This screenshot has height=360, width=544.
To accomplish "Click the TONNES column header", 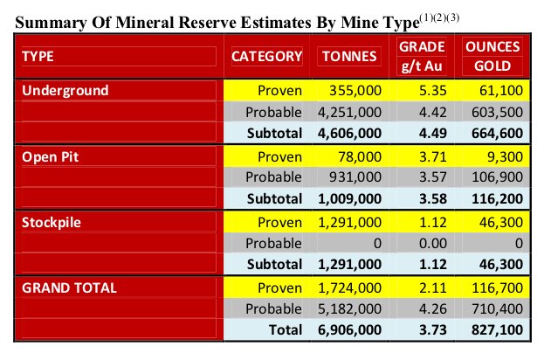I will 349,57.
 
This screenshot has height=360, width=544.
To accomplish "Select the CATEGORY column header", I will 266,57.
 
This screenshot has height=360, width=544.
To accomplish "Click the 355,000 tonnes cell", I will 355,91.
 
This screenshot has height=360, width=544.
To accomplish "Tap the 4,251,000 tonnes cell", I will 349,113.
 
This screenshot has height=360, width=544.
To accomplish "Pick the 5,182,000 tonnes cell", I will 349,308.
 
